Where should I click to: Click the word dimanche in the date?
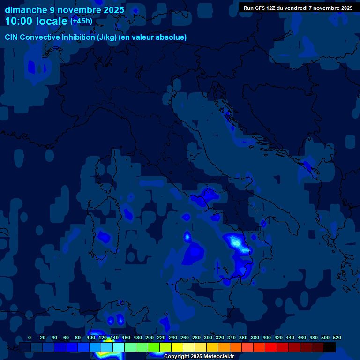coord(25,10)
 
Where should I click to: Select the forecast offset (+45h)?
coord(81,21)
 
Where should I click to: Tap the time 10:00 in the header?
coord(19,21)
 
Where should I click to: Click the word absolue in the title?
coord(172,37)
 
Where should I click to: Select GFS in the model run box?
coord(261,8)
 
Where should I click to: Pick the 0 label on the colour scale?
coord(30,337)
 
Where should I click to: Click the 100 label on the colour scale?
coord(91,337)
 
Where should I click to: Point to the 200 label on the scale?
coord(150,337)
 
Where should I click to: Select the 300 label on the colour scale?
coord(208,337)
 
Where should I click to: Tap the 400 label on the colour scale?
coord(267,337)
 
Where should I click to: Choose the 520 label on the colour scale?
coord(337,337)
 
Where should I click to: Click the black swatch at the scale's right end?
coord(330,347)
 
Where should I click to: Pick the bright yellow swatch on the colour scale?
coord(177,347)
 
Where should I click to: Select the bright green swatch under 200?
coord(154,347)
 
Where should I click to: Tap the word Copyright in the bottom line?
coord(177,357)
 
